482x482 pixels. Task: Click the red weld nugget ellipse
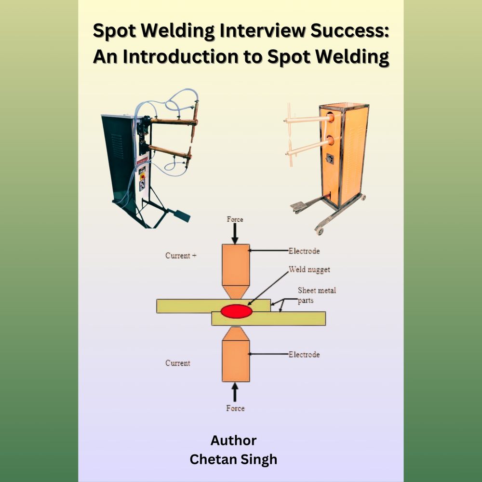click(x=236, y=311)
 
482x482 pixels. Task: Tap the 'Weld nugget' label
click(x=309, y=270)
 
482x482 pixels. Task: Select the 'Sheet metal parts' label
click(x=317, y=295)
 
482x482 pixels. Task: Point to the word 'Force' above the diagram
click(x=235, y=220)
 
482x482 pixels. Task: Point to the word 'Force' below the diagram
click(x=235, y=408)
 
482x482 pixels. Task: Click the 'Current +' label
click(x=181, y=256)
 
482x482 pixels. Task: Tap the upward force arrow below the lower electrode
click(x=235, y=392)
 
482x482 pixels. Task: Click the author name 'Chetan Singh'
click(x=233, y=459)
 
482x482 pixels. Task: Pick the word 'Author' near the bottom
click(x=233, y=441)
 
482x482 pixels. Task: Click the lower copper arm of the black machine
click(x=169, y=151)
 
